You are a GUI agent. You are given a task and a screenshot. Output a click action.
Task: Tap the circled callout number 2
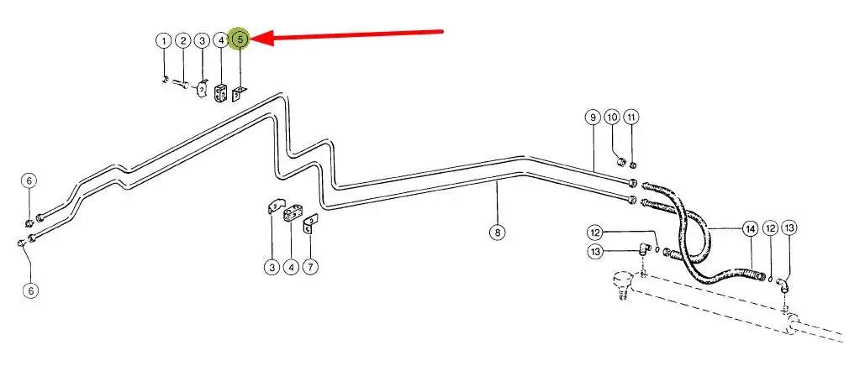[182, 39]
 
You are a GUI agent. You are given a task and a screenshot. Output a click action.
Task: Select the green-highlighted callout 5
[240, 39]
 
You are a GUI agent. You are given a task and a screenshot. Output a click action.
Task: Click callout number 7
[310, 267]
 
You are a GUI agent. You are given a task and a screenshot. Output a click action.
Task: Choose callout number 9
[593, 117]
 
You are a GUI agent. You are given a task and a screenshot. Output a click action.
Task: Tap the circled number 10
[612, 117]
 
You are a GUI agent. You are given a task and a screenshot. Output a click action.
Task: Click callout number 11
[632, 117]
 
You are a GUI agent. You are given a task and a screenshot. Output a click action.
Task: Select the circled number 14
[749, 227]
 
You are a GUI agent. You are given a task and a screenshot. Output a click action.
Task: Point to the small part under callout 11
[633, 163]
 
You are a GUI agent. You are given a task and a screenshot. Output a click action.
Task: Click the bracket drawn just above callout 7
[309, 223]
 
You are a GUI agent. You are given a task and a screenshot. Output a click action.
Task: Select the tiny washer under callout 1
[166, 80]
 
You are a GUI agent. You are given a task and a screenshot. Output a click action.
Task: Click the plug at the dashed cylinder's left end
[622, 280]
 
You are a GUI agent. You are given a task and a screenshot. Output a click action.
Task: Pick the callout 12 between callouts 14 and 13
[770, 227]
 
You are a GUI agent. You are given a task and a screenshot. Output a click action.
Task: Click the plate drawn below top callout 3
[203, 88]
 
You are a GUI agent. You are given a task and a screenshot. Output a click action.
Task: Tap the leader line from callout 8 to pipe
[497, 201]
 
